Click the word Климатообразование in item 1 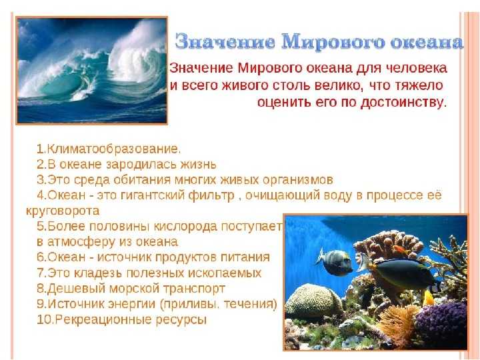pos(113,149)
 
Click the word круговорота pos(63,211)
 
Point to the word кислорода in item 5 pos(185,227)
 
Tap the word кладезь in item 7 pos(98,273)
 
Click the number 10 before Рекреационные pos(42,320)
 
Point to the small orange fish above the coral pos(401,249)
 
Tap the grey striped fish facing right pos(335,262)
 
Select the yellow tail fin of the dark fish pos(428,297)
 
